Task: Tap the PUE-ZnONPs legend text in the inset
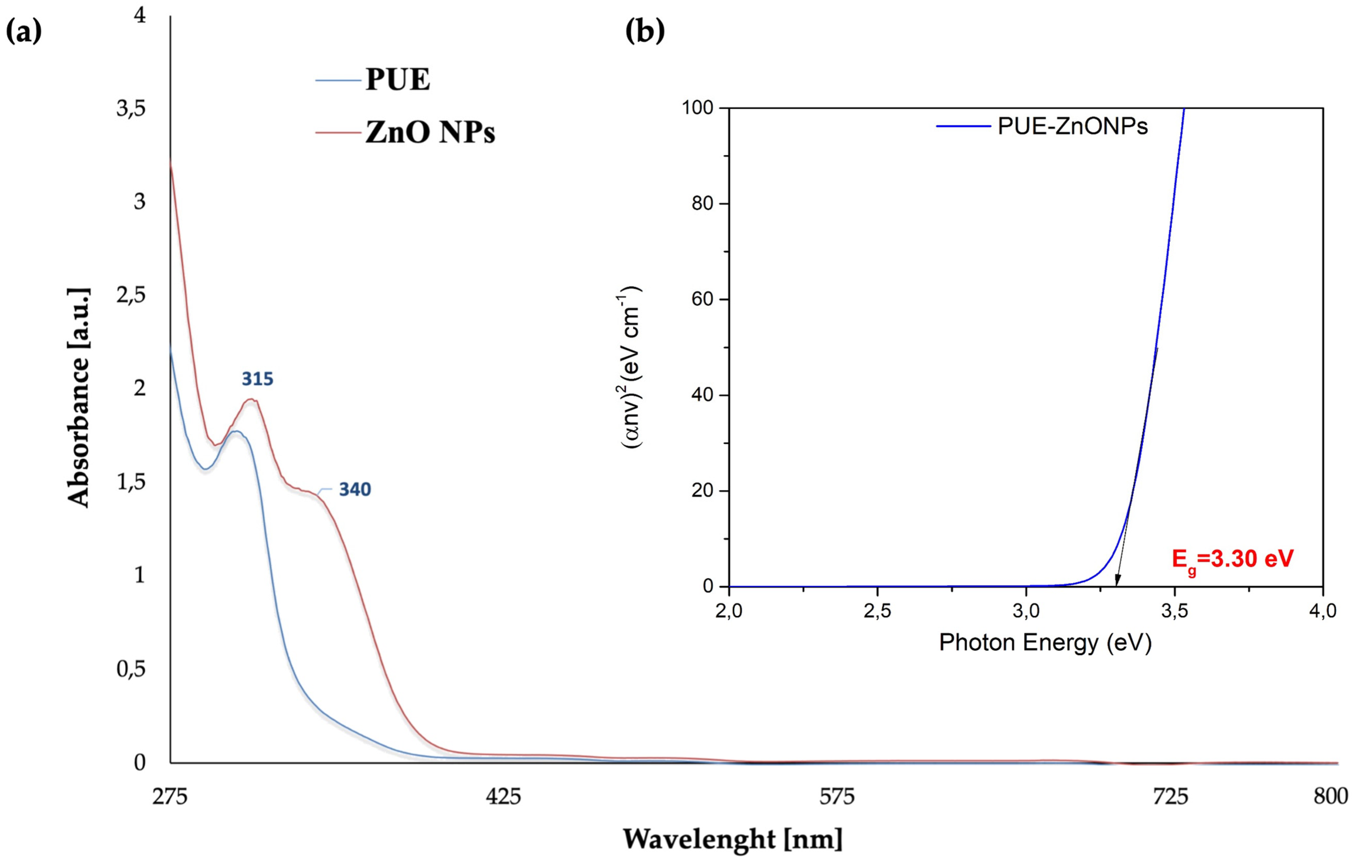coord(1072,126)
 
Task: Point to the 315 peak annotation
coord(257,379)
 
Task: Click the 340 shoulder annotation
coord(355,489)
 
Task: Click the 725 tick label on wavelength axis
coord(1171,796)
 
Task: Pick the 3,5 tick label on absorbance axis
coord(131,108)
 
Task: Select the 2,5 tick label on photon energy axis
coord(877,611)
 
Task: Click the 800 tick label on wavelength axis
coord(1330,796)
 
